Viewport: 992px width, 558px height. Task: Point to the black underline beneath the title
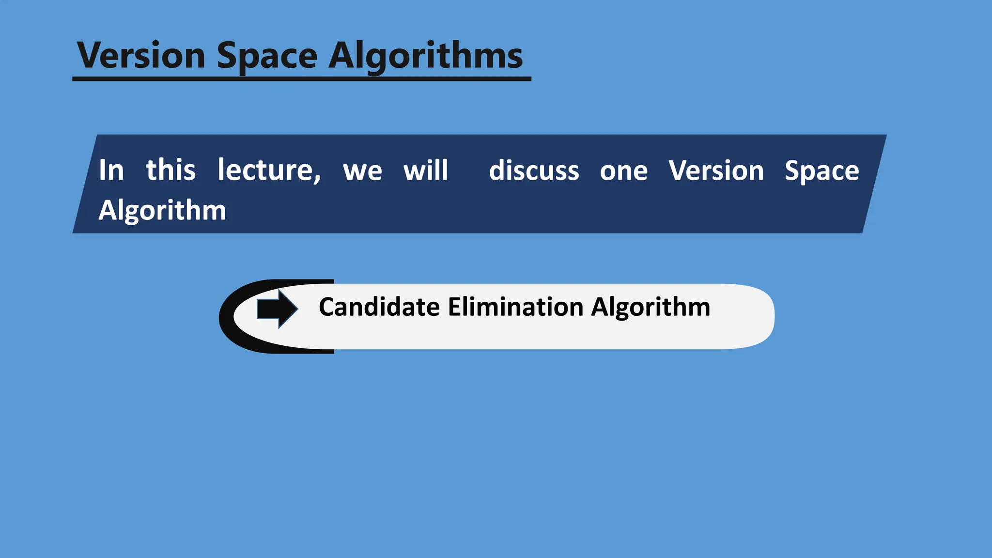click(x=301, y=79)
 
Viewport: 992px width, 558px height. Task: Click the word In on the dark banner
click(x=111, y=170)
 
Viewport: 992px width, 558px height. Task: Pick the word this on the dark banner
click(x=171, y=170)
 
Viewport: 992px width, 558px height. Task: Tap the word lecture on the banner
click(x=265, y=170)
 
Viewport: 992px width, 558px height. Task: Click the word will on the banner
click(x=426, y=170)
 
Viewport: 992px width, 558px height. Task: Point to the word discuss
click(x=534, y=170)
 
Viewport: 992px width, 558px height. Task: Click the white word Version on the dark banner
click(x=716, y=170)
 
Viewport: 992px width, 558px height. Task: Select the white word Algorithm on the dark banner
click(x=162, y=211)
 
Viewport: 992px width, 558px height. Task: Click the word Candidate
click(x=379, y=307)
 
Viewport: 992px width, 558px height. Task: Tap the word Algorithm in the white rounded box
click(x=651, y=308)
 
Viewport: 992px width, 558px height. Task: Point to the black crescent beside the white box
click(x=227, y=317)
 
